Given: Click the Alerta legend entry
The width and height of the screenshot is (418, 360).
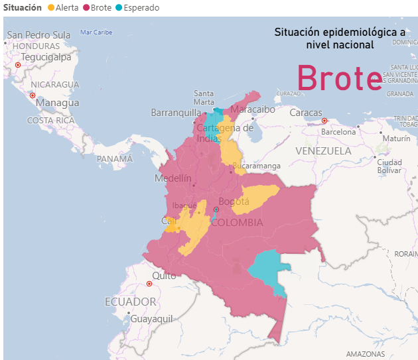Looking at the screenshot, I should [67, 7].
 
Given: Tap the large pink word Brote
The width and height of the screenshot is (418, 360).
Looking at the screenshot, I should [340, 78].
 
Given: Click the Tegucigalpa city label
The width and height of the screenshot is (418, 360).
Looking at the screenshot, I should [46, 57].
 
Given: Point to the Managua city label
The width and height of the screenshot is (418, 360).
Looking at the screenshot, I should [57, 103].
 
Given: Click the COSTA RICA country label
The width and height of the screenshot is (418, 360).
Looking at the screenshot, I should [50, 121].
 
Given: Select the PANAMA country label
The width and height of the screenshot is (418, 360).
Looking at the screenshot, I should [115, 159].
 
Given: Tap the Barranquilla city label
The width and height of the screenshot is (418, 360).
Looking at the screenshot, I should [174, 112].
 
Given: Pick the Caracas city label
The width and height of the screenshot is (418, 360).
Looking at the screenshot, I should [305, 113].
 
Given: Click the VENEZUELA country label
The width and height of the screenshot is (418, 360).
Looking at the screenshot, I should [323, 151].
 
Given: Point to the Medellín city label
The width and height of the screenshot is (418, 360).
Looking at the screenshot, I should [173, 178].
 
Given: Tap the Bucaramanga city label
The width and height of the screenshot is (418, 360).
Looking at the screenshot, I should [256, 166].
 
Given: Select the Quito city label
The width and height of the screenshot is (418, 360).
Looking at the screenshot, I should [164, 276].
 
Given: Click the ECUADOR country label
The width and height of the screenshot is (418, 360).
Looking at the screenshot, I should [131, 302].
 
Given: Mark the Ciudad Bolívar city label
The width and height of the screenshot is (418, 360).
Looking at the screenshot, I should [389, 166].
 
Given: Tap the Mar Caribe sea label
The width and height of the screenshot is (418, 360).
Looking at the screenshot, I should [96, 32].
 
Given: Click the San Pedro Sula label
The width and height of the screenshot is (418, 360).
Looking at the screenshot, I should [38, 35].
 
